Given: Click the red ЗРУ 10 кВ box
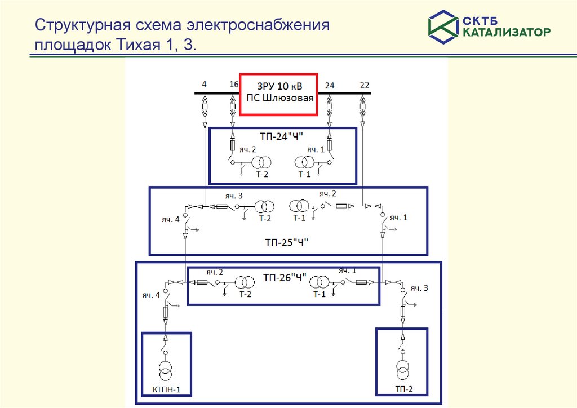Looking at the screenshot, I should pos(278,94).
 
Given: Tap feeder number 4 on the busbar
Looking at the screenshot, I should pos(204,85).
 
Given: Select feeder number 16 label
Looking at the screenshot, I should pos(234,85).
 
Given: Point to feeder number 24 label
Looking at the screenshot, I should pos(330,86).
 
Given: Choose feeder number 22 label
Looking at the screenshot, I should pos(365,85).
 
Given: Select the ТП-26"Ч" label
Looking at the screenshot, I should pos(285,277).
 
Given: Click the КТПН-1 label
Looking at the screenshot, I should pos(166,389).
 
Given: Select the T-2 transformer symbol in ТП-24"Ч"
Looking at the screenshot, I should pos(260,163).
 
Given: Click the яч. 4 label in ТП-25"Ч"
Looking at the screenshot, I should pos(169,220).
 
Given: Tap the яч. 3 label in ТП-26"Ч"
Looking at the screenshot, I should pos(419,288).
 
